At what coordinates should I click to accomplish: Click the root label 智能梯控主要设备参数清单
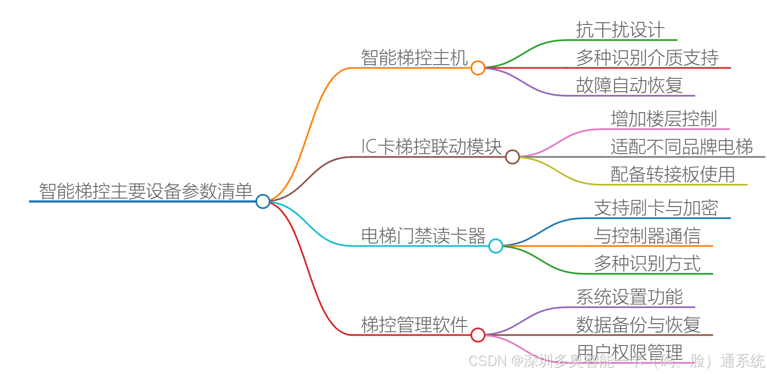145,191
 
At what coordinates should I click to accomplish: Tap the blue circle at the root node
263,201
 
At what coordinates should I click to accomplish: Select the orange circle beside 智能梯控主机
478,68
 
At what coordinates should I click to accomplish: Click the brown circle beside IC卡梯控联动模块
513,157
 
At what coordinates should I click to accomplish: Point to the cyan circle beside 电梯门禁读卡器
496,246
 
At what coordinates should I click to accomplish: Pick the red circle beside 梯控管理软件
478,335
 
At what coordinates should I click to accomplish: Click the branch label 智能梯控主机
414,58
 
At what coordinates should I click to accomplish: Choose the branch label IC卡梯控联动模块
431,147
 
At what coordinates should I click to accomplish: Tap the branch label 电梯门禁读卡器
423,236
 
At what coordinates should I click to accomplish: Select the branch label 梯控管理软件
414,325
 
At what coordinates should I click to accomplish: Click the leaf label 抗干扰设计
620,30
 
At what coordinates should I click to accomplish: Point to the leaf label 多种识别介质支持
647,58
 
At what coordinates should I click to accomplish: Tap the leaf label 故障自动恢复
629,85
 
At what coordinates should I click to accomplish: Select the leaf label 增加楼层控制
664,119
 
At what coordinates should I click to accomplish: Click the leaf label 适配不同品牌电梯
681,147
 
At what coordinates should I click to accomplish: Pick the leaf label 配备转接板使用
673,175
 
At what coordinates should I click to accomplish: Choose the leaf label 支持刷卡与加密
656,208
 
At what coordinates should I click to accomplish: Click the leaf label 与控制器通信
647,236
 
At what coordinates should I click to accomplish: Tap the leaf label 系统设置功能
629,297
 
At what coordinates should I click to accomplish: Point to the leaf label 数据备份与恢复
638,325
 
